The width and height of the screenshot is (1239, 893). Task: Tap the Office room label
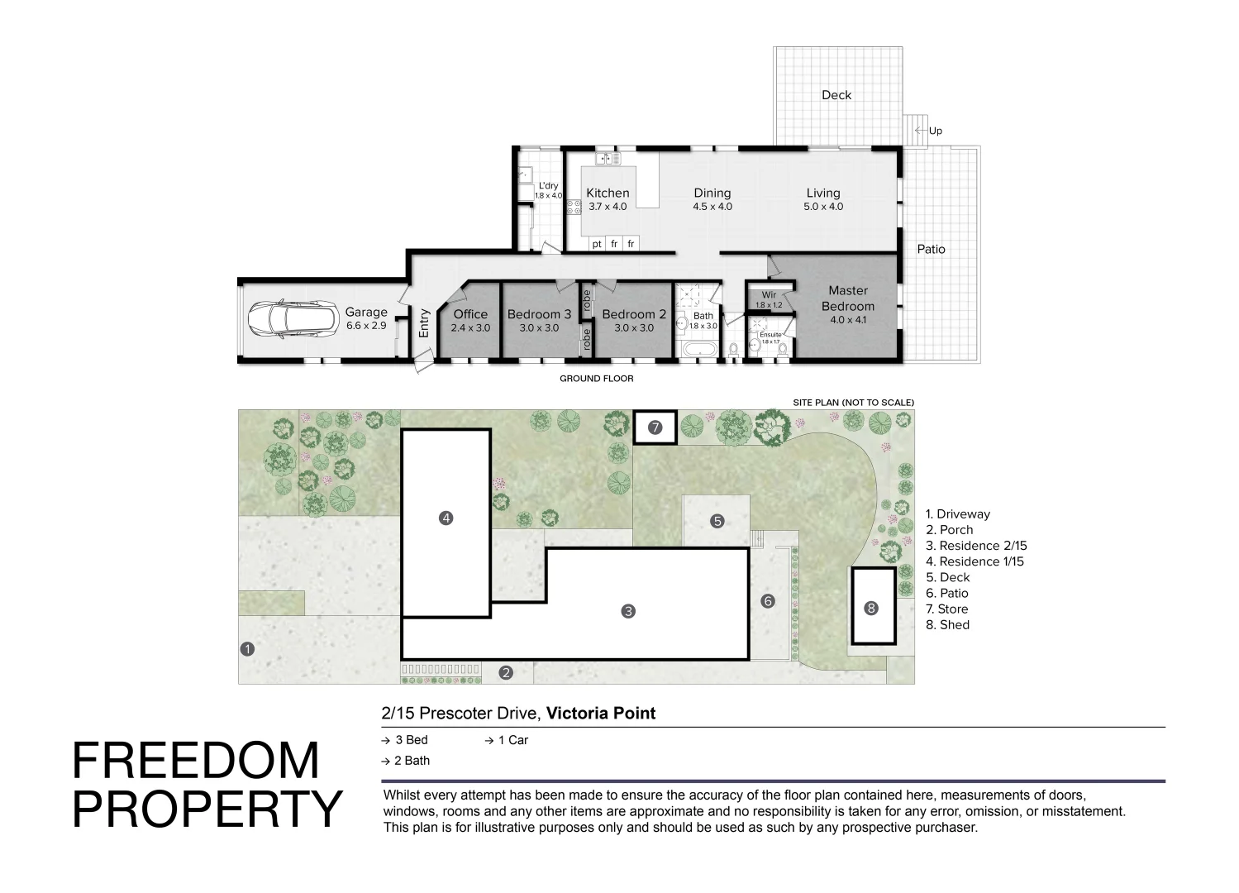click(x=470, y=314)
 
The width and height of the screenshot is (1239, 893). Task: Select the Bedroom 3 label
click(x=539, y=314)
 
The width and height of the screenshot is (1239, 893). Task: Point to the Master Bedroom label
click(x=848, y=298)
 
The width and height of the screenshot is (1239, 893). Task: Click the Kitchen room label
click(x=608, y=193)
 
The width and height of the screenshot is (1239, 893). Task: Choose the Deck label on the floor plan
click(x=836, y=95)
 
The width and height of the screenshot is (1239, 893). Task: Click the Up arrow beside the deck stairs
click(x=920, y=131)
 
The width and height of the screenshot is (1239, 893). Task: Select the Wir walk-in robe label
click(x=769, y=295)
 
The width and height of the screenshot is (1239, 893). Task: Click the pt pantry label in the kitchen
click(x=597, y=244)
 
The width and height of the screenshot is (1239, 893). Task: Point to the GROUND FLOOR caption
click(x=597, y=379)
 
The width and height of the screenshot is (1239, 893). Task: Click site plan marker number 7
click(x=655, y=427)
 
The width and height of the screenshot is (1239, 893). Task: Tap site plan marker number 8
click(x=871, y=608)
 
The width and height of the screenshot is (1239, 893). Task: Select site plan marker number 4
click(x=446, y=518)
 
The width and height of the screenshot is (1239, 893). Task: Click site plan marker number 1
click(x=246, y=649)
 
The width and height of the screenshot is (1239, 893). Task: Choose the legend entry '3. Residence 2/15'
click(x=976, y=546)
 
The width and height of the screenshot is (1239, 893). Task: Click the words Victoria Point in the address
click(x=601, y=713)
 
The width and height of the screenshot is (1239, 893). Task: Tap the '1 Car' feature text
click(x=512, y=740)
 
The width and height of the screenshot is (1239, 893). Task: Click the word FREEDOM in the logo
click(x=196, y=761)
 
